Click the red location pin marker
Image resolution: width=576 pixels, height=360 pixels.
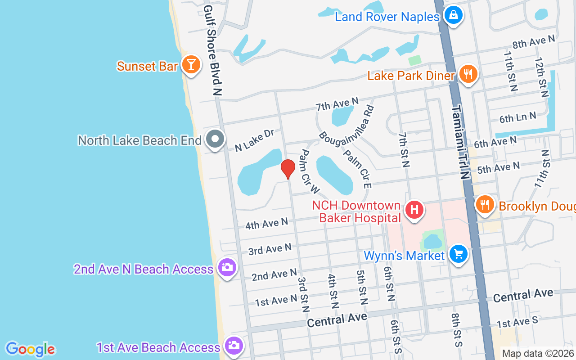pos(288,169)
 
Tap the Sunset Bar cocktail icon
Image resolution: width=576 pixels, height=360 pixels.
pos(191,65)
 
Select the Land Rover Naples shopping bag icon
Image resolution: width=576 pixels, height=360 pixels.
pos(453,16)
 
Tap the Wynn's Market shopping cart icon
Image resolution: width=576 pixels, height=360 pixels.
pos(458,254)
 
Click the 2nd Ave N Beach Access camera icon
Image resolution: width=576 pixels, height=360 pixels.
pos(227,267)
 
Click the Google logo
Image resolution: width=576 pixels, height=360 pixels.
pos(30,349)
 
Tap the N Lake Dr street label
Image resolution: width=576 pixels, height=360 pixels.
pos(255,140)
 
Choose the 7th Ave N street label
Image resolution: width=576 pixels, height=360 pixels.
pos(337,104)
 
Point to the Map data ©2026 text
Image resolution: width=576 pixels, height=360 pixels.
pos(538,353)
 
